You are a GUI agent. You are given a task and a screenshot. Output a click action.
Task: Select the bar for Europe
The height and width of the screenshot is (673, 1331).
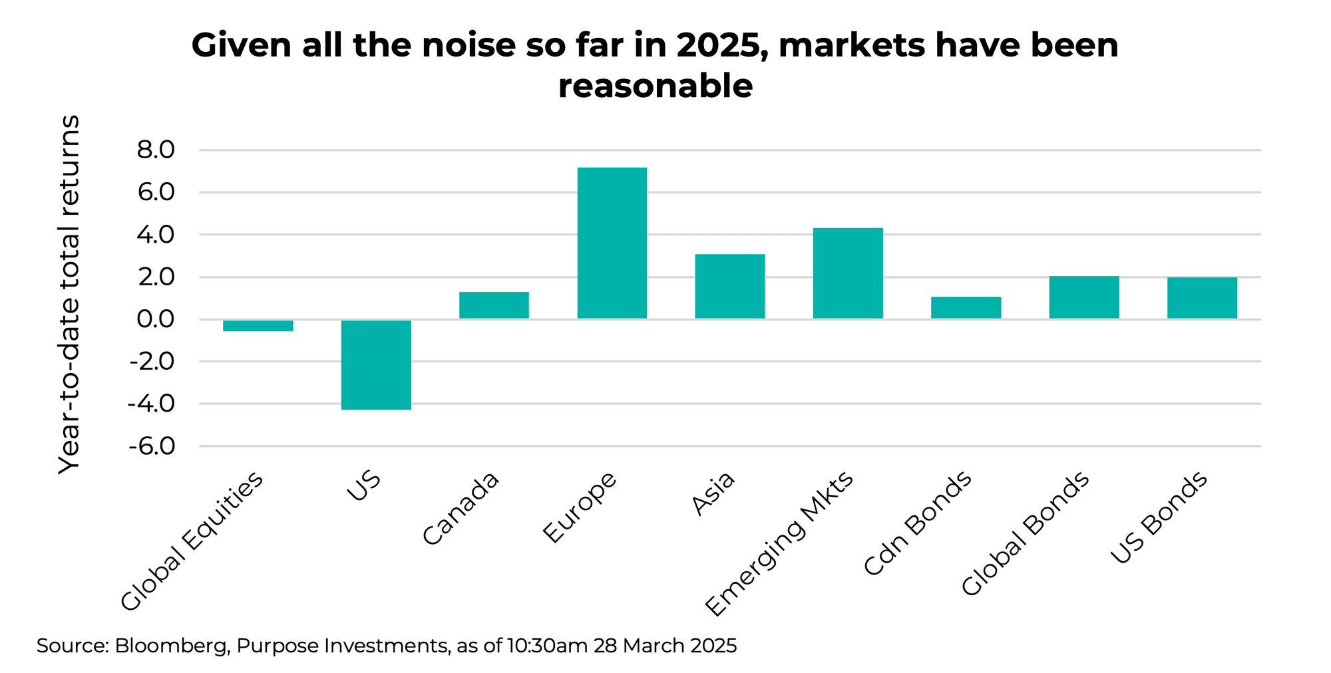[612, 243]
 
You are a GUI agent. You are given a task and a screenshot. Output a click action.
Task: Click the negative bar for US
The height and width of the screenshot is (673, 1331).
[376, 364]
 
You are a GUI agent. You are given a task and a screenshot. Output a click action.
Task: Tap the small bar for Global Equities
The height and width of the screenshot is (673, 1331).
[258, 325]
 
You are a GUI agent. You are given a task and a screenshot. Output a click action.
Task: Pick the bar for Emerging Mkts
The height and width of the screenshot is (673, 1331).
[848, 273]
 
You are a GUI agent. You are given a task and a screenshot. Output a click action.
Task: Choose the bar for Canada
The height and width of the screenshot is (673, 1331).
[494, 305]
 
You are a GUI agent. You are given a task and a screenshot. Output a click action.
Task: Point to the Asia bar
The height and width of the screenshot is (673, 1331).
[729, 286]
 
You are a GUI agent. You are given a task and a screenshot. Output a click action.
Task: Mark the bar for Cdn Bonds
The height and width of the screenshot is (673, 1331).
[966, 308]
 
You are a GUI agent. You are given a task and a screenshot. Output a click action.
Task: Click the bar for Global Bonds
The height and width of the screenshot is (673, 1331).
[1083, 297]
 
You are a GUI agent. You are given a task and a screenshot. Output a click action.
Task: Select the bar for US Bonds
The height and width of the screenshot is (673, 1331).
[1202, 298]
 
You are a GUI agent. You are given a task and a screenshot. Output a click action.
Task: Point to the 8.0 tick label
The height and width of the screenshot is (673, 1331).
[155, 150]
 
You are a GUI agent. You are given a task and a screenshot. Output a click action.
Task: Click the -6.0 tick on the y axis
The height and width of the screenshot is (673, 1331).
[151, 446]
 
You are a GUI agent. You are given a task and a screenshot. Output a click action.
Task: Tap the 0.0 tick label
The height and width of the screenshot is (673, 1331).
[155, 319]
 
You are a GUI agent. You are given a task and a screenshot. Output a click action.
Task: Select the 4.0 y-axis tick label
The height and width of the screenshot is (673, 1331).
[155, 235]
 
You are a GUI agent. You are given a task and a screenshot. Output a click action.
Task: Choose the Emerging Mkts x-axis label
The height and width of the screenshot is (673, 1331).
[779, 544]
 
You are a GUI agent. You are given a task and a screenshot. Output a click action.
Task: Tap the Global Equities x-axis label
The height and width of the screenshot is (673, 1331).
[192, 541]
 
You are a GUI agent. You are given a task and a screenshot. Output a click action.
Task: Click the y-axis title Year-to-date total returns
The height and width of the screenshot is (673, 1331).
[69, 294]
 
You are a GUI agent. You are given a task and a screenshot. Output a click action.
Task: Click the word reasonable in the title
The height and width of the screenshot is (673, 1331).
[655, 86]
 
